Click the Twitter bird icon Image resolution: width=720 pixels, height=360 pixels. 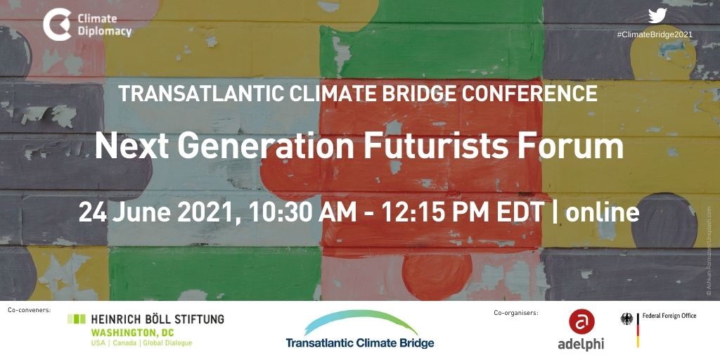pos(657,15)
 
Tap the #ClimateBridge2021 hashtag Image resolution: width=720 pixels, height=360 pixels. pos(655,34)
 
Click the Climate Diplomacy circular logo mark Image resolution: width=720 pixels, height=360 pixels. pos(56,25)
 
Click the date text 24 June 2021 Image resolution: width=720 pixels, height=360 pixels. pos(157,212)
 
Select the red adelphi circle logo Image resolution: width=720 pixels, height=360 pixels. pos(581,321)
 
